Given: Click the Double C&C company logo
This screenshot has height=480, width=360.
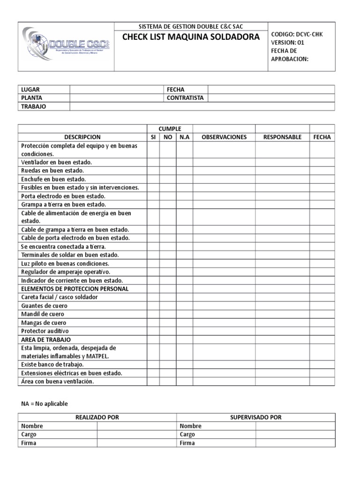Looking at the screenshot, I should click(66, 45).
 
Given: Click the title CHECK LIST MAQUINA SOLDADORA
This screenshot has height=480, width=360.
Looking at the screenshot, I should click(191, 37).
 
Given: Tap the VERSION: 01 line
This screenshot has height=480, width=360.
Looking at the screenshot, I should click(288, 43).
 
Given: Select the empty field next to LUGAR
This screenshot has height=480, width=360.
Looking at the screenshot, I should click(116, 90).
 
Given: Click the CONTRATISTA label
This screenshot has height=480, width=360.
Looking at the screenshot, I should click(185, 98).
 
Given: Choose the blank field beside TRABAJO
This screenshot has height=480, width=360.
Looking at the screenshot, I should click(202, 106).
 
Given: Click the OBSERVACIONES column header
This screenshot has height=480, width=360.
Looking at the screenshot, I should click(224, 137).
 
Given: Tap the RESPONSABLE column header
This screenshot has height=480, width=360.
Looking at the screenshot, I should click(282, 137).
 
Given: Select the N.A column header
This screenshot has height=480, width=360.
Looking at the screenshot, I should click(184, 137).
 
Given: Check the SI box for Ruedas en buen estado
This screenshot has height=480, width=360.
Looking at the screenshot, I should click(153, 171).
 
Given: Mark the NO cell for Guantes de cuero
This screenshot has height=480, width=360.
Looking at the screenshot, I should click(168, 306).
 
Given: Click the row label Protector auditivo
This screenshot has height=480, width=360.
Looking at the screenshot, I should click(44, 331).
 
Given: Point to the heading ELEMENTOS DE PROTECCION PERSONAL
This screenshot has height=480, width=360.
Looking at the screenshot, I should click(75, 289).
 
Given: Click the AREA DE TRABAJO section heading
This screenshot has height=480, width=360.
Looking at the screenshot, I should click(46, 339).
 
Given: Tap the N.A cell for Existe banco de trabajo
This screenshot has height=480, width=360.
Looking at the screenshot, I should click(184, 364).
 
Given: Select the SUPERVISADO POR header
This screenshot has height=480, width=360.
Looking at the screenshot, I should click(256, 417).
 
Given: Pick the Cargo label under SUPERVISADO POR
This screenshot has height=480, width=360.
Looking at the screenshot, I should click(187, 435).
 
